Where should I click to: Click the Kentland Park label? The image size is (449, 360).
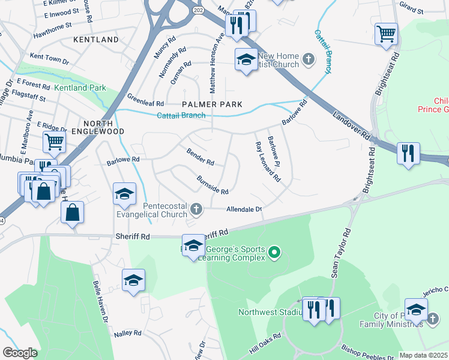tap(80, 88)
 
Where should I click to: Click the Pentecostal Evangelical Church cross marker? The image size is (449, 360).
tap(196, 209)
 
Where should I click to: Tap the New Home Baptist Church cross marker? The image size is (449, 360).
tap(309, 58)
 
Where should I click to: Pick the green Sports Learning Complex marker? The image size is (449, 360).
tap(274, 252)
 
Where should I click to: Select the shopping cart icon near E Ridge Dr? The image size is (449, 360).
tap(54, 142)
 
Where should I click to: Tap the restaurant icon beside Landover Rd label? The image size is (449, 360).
tap(408, 152)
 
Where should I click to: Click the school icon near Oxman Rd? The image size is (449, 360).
tap(246, 59)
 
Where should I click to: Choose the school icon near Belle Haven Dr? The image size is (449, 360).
tap(134, 280)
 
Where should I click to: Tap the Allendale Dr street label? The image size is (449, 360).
tap(244, 209)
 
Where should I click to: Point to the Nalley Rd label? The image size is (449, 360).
tap(128, 332)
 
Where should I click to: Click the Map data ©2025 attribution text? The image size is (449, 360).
tap(423, 355)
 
